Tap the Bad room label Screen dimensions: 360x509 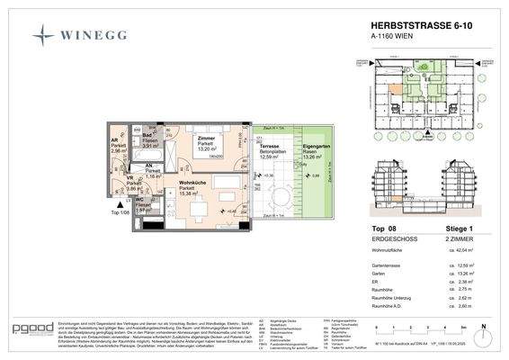click(x=147, y=136)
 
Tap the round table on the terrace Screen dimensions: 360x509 click(x=276, y=196)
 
